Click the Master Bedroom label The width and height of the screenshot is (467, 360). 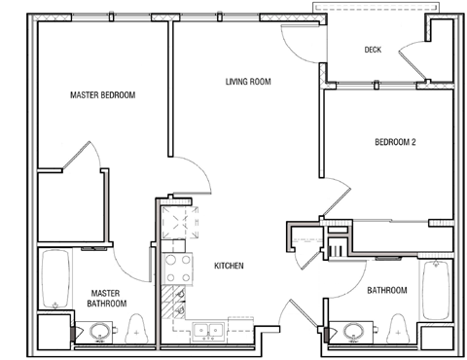click(102, 95)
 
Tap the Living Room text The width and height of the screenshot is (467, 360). click(247, 82)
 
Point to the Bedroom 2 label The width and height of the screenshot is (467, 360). click(395, 142)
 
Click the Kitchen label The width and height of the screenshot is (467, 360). click(230, 266)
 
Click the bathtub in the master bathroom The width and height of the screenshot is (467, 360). click(54, 279)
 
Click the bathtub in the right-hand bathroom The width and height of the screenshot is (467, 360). click(435, 289)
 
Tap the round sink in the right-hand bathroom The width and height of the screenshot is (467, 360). click(352, 334)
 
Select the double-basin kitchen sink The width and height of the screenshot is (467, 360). click(204, 331)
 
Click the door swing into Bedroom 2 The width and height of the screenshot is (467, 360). click(337, 198)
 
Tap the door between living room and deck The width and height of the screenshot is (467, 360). click(299, 39)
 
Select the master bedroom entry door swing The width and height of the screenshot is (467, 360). click(190, 175)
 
